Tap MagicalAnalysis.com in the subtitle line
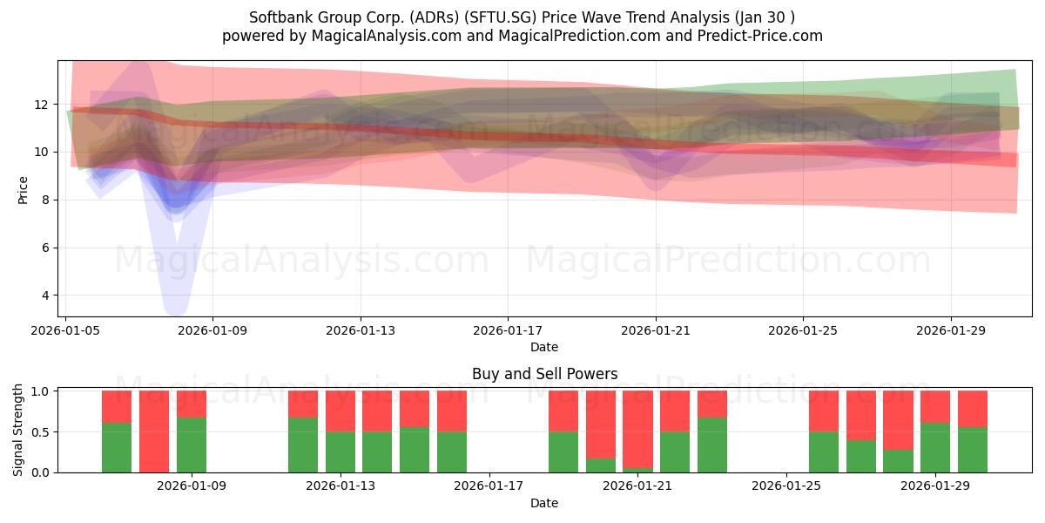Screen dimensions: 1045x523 coord(387,36)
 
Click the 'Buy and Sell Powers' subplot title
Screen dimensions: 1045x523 coord(544,374)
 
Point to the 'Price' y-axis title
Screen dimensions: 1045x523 coord(23,190)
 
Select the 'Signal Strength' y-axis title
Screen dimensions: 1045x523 coord(17,430)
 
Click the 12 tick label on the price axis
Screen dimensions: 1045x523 coord(41,105)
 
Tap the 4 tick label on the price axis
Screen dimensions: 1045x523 coord(45,295)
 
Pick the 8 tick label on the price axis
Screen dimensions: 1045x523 coord(45,200)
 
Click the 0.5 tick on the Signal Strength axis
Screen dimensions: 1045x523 coord(40,432)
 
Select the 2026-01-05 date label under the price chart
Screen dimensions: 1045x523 coord(65,330)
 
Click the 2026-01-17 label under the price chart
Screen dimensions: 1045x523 coord(508,330)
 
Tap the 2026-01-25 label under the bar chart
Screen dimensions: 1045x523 coord(786,486)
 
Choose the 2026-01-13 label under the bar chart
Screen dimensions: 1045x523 coord(340,486)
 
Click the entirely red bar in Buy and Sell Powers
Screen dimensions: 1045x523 coord(154,431)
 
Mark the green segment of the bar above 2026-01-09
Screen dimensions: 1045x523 coord(192,445)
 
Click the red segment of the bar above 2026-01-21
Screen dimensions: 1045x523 coord(637,430)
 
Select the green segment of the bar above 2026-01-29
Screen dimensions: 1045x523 coord(935,448)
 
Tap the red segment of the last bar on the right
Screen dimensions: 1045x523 coord(973,409)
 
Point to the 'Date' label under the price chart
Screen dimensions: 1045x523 coord(544,347)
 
